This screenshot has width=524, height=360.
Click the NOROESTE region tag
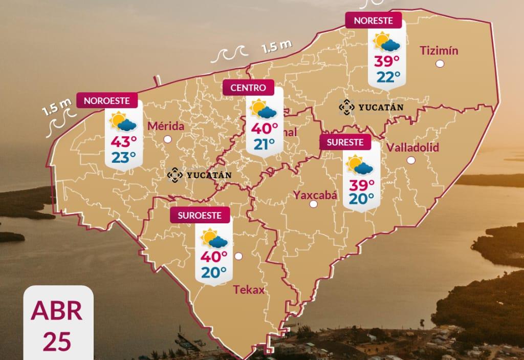[107, 101]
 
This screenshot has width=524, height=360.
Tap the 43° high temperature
[123, 141]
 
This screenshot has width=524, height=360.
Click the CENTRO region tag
[248, 88]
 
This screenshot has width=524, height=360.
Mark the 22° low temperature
[388, 77]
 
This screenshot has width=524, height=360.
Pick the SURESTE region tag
[345, 142]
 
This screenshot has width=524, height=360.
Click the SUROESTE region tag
[200, 215]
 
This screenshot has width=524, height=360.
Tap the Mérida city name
[165, 126]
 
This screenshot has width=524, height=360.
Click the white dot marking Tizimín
[440, 64]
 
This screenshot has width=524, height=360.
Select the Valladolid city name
[413, 147]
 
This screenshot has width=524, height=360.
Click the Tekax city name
[249, 290]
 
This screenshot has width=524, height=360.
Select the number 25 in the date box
[57, 341]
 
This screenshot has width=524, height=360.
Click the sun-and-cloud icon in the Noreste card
[387, 43]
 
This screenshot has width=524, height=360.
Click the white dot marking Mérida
[167, 139]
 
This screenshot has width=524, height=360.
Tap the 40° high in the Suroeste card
[214, 257]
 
